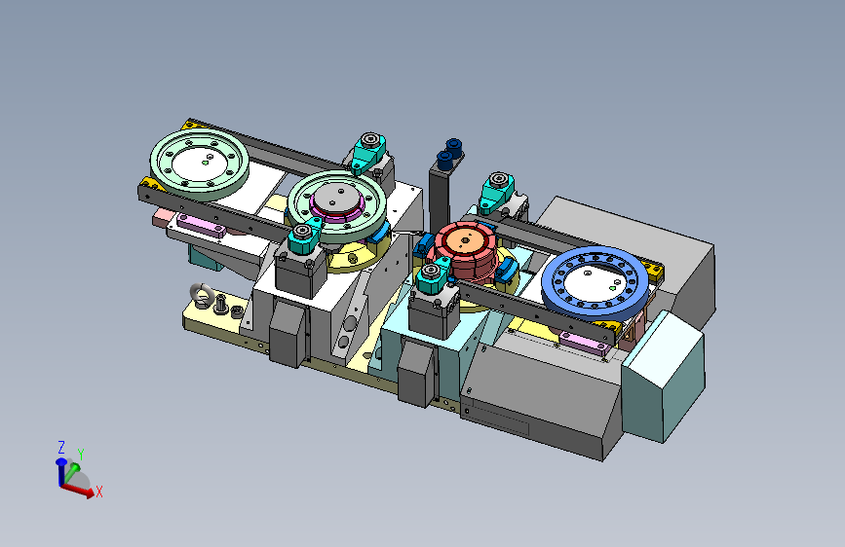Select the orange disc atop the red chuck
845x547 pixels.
pyautogui.click(x=466, y=241)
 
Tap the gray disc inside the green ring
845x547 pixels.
pyautogui.click(x=337, y=197)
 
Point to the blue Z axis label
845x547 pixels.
pyautogui.click(x=61, y=447)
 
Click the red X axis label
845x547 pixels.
pyautogui.click(x=99, y=492)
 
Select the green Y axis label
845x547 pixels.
pyautogui.click(x=81, y=455)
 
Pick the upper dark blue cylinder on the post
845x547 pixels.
pyautogui.click(x=454, y=146)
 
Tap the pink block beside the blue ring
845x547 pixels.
pyautogui.click(x=584, y=342)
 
